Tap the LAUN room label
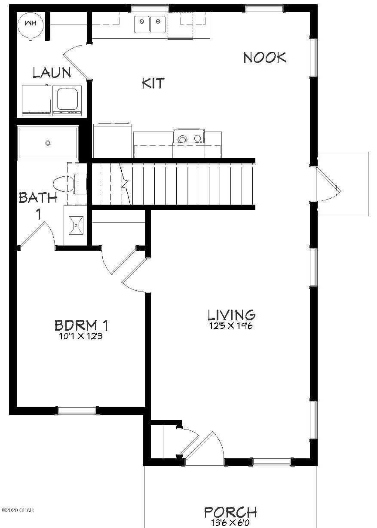click(x=52, y=72)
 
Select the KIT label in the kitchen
click(x=153, y=83)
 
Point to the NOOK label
click(x=265, y=58)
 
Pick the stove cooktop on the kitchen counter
click(x=189, y=137)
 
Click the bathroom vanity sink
click(x=76, y=225)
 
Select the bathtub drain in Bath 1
click(x=48, y=143)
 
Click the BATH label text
click(x=38, y=198)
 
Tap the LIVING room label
click(x=232, y=315)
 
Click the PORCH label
click(x=230, y=512)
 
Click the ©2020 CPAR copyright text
click(x=18, y=510)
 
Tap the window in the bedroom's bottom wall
click(x=77, y=411)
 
